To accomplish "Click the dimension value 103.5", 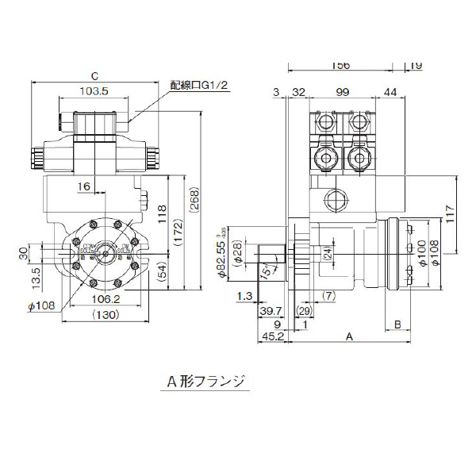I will tap(94, 92).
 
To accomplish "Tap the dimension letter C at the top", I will tap(94, 76).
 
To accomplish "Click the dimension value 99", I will tap(343, 93).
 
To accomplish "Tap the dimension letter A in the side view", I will tap(349, 336).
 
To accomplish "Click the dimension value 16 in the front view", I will tap(84, 186).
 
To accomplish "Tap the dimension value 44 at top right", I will tap(390, 93).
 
